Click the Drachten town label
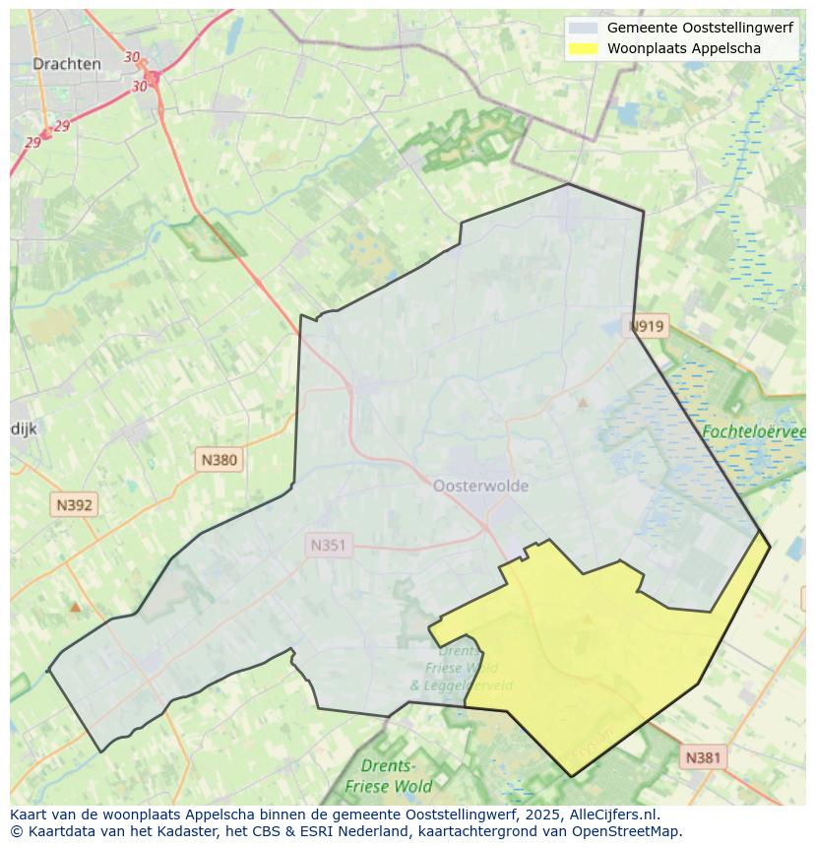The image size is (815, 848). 66,64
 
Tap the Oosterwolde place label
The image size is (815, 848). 480,486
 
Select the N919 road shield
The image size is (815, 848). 648,326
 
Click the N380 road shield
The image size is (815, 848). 219,459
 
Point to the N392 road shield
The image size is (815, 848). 74,505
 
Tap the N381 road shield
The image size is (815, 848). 703,757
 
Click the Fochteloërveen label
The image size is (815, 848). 754,431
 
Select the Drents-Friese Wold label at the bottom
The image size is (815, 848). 388,776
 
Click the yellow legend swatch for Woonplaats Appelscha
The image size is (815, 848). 583,48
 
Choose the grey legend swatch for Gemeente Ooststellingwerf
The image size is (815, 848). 583,29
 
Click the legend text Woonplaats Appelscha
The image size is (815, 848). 683,48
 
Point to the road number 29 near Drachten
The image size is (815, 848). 62,126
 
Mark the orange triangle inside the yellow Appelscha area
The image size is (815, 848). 588,620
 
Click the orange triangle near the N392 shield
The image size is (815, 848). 75,607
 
